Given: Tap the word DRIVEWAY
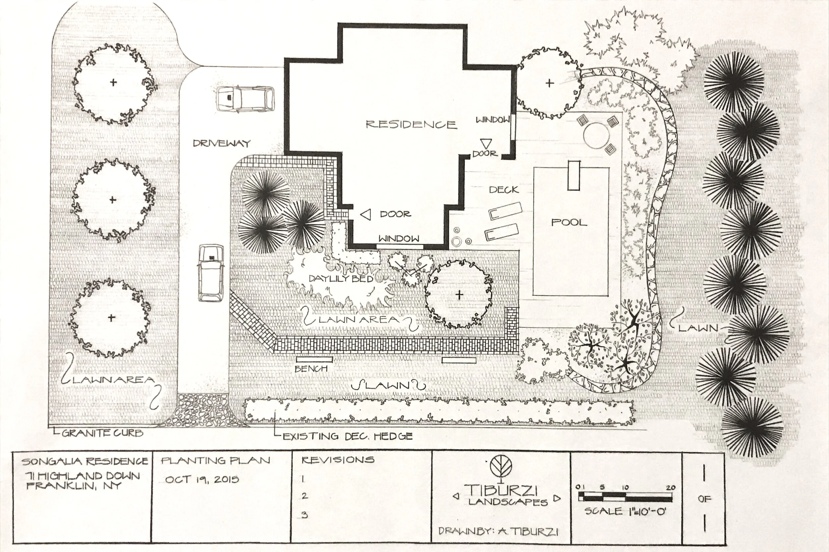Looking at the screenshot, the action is (222, 143).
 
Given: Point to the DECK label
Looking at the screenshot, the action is (504, 190).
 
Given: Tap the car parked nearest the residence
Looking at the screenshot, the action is (245, 100).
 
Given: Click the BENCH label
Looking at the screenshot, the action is (311, 369).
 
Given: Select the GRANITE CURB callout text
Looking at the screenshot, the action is (102, 433).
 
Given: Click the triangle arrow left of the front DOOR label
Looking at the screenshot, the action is (366, 214).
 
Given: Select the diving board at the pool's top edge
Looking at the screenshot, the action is (574, 175).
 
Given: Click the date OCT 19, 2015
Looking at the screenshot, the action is (202, 479).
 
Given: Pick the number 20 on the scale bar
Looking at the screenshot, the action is (670, 488).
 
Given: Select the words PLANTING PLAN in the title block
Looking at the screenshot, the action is (216, 460).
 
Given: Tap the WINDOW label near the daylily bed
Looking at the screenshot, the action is (399, 239).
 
